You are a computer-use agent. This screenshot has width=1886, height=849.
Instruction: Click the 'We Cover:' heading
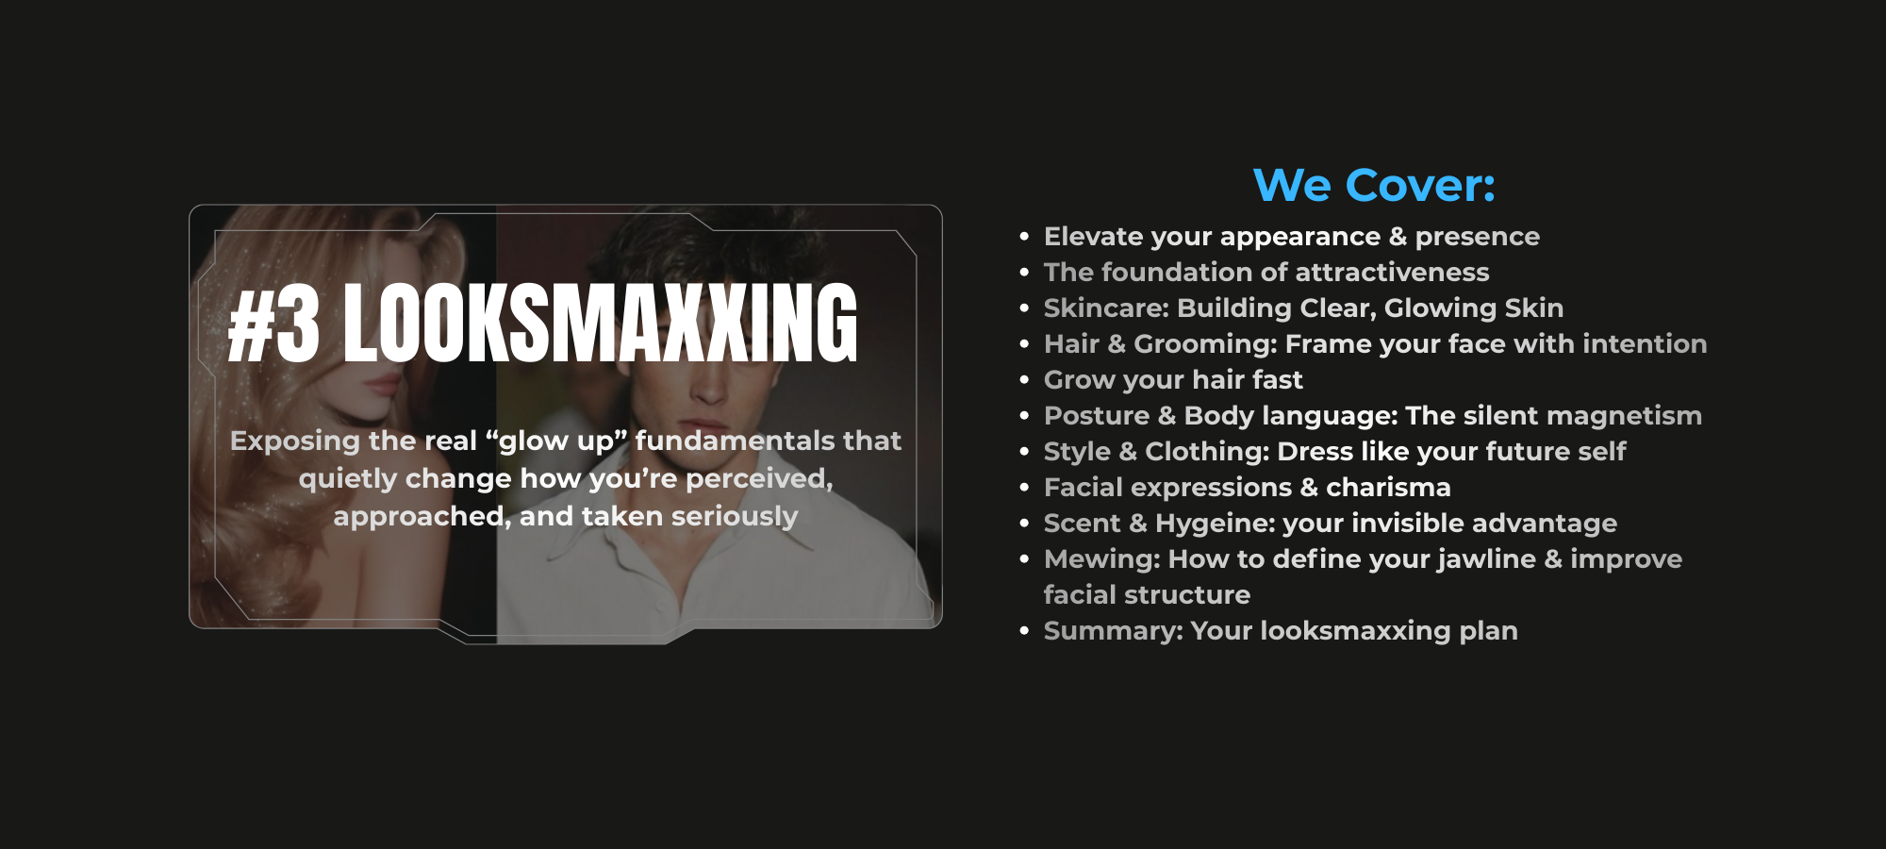tap(1374, 185)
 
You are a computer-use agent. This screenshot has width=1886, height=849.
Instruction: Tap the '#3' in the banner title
tap(274, 324)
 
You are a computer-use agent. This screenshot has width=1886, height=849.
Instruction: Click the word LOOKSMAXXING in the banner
tap(601, 324)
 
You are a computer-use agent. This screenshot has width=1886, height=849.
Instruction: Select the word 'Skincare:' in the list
tap(1106, 308)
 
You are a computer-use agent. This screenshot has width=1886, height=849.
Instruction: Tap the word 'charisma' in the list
tap(1388, 487)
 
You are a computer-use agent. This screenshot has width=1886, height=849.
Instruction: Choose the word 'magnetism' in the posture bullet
tap(1624, 416)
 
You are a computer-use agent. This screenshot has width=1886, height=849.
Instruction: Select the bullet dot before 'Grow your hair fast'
tap(1024, 380)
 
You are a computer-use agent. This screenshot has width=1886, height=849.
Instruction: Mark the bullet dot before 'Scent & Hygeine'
tap(1024, 524)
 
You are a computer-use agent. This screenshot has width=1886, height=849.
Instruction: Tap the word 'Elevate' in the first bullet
tap(1088, 236)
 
